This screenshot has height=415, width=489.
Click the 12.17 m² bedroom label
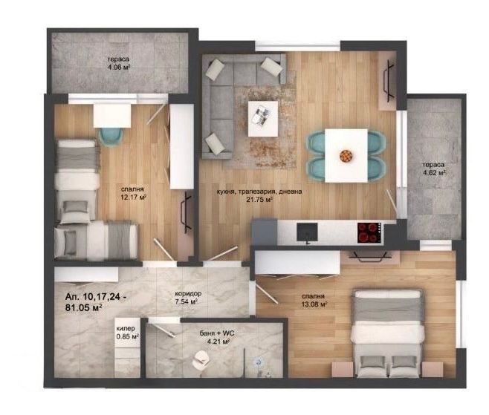pos(134,193)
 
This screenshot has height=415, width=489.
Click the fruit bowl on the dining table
pos(346,155)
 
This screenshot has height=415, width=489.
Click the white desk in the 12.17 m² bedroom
pos(112,114)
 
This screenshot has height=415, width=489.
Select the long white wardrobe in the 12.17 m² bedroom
pos(181,146)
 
